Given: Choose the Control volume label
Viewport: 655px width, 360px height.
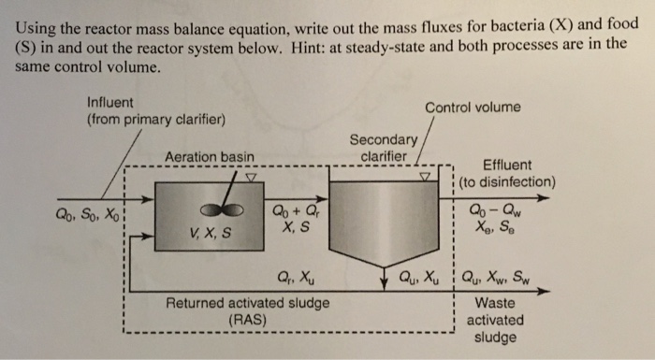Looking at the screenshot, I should coord(473,108).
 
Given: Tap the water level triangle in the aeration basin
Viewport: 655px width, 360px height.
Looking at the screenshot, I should coord(249,176).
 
